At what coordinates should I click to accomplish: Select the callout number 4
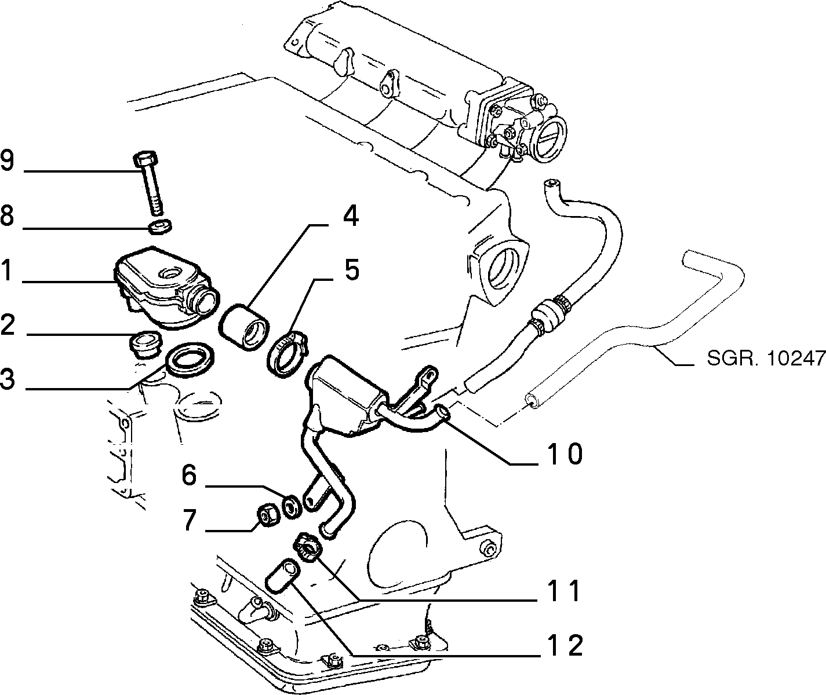coord(350,216)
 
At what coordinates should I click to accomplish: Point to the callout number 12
coord(565,645)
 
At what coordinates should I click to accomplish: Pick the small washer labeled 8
coord(160,226)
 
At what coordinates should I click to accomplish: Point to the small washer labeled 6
coord(293,506)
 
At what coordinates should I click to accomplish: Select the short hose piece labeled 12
coord(282,576)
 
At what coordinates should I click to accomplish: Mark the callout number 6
coord(189,474)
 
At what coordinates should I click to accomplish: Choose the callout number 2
coord(8,324)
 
